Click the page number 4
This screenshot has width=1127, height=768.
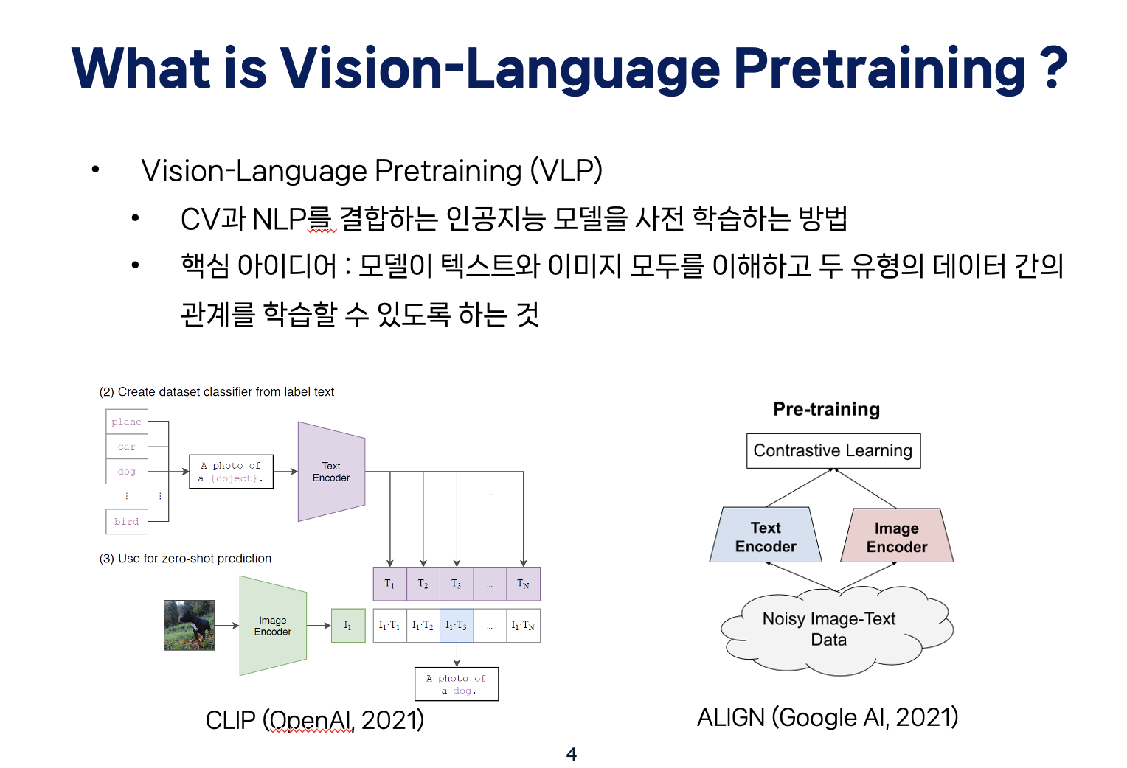[571, 753]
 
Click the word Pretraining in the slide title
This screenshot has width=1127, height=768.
[879, 68]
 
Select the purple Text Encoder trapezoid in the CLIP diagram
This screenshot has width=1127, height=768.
[331, 472]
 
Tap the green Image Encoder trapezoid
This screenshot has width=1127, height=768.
[273, 626]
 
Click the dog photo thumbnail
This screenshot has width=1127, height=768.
[190, 625]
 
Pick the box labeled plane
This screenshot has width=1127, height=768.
[127, 422]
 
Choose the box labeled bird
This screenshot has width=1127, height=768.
[127, 521]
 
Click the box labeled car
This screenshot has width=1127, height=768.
[127, 447]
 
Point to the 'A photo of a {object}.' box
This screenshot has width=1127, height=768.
[231, 472]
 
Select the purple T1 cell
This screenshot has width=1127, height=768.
[389, 584]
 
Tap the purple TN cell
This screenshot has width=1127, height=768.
[523, 584]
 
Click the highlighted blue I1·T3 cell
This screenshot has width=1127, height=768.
[457, 626]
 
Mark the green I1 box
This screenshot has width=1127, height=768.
[348, 626]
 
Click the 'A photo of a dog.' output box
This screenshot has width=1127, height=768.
[457, 684]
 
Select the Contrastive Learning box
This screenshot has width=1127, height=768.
[833, 450]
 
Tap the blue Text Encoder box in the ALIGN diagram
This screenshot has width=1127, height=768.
[766, 537]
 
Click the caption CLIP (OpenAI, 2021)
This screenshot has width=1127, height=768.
[315, 719]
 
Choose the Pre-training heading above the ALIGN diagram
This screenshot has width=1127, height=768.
[826, 409]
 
